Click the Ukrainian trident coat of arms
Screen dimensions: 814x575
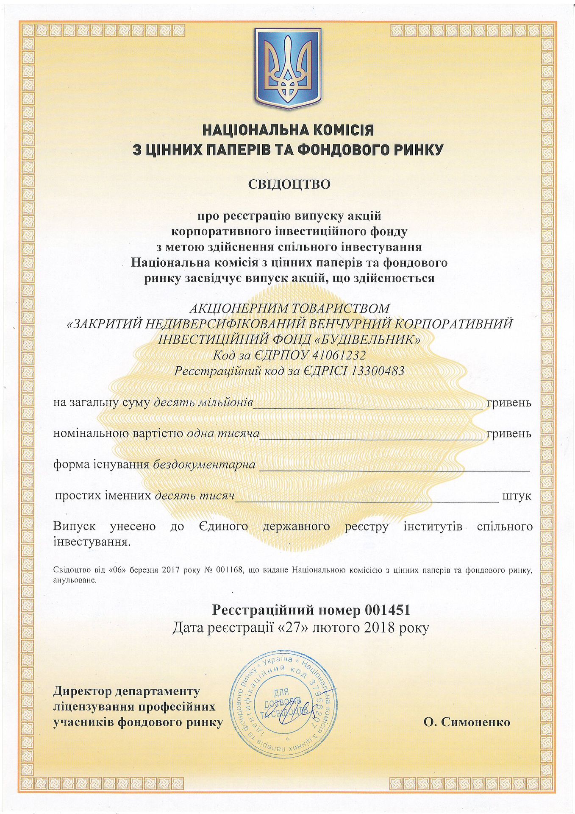[288, 68]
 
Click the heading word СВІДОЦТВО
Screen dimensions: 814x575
[289, 184]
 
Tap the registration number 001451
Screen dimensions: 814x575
[387, 610]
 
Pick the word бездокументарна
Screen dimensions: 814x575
[204, 465]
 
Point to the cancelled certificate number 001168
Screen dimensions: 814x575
[229, 570]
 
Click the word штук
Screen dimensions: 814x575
[516, 496]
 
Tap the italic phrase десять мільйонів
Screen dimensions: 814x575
[203, 402]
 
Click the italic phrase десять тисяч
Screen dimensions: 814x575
[194, 496]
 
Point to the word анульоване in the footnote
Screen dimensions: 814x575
[75, 580]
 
